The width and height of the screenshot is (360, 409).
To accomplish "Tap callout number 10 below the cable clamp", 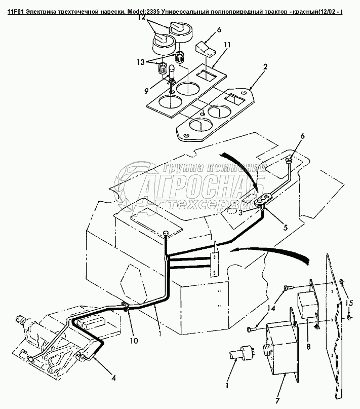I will pos(133,341).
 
